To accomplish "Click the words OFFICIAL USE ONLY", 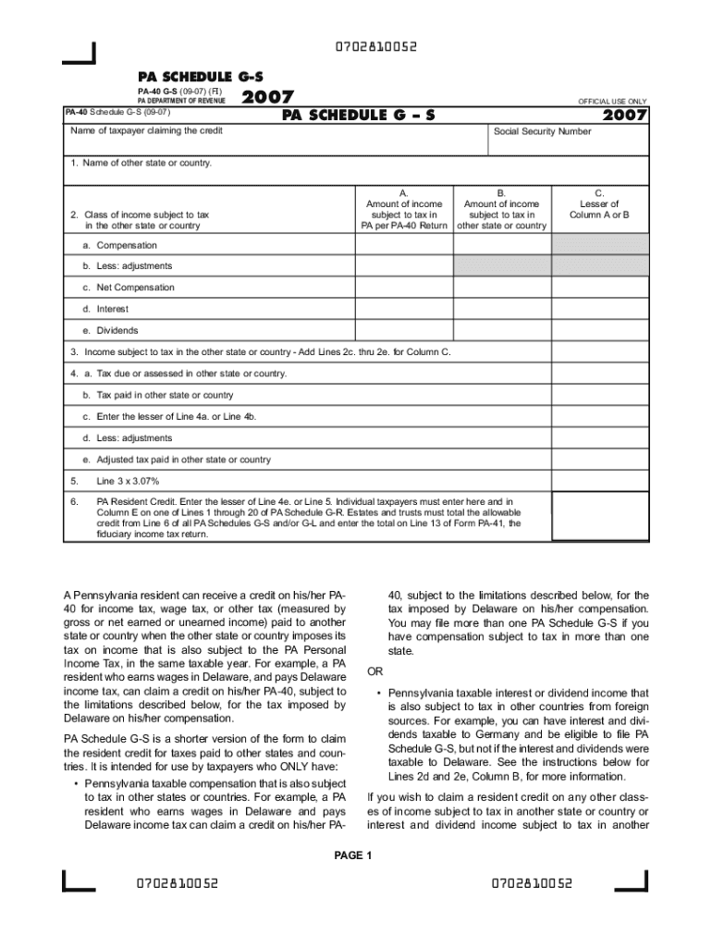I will click(x=612, y=101).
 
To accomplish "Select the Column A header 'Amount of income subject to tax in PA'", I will click(x=405, y=209).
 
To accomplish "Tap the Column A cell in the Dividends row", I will click(x=405, y=330).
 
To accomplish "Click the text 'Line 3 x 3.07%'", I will click(x=128, y=481).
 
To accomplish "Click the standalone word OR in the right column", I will click(x=374, y=670).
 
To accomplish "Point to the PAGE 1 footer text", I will click(x=352, y=855).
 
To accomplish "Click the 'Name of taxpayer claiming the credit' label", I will click(x=146, y=131).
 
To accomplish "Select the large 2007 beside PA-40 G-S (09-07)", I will click(x=268, y=97).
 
